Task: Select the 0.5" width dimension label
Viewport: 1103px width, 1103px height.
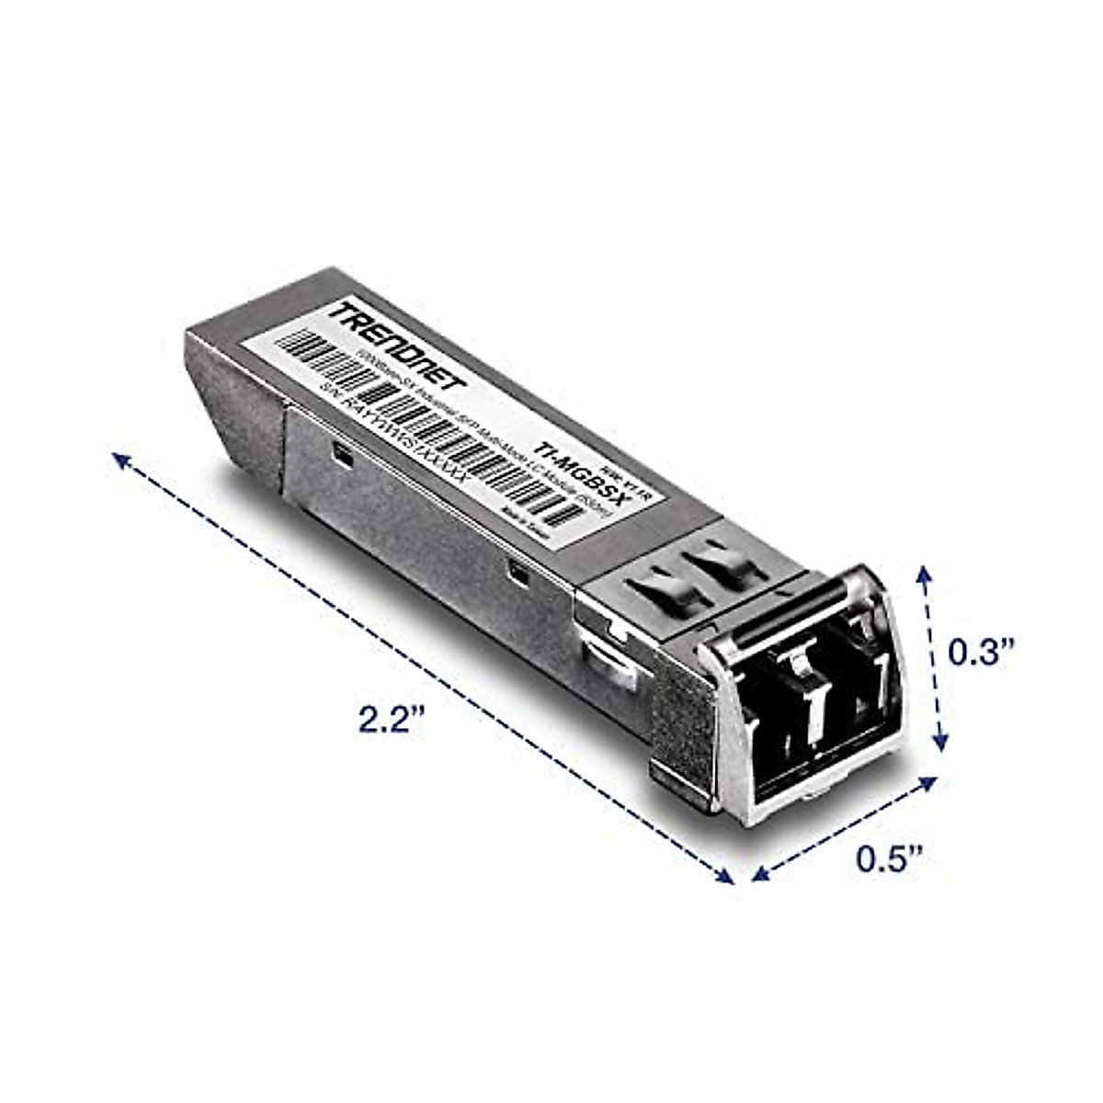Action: pyautogui.click(x=889, y=859)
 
